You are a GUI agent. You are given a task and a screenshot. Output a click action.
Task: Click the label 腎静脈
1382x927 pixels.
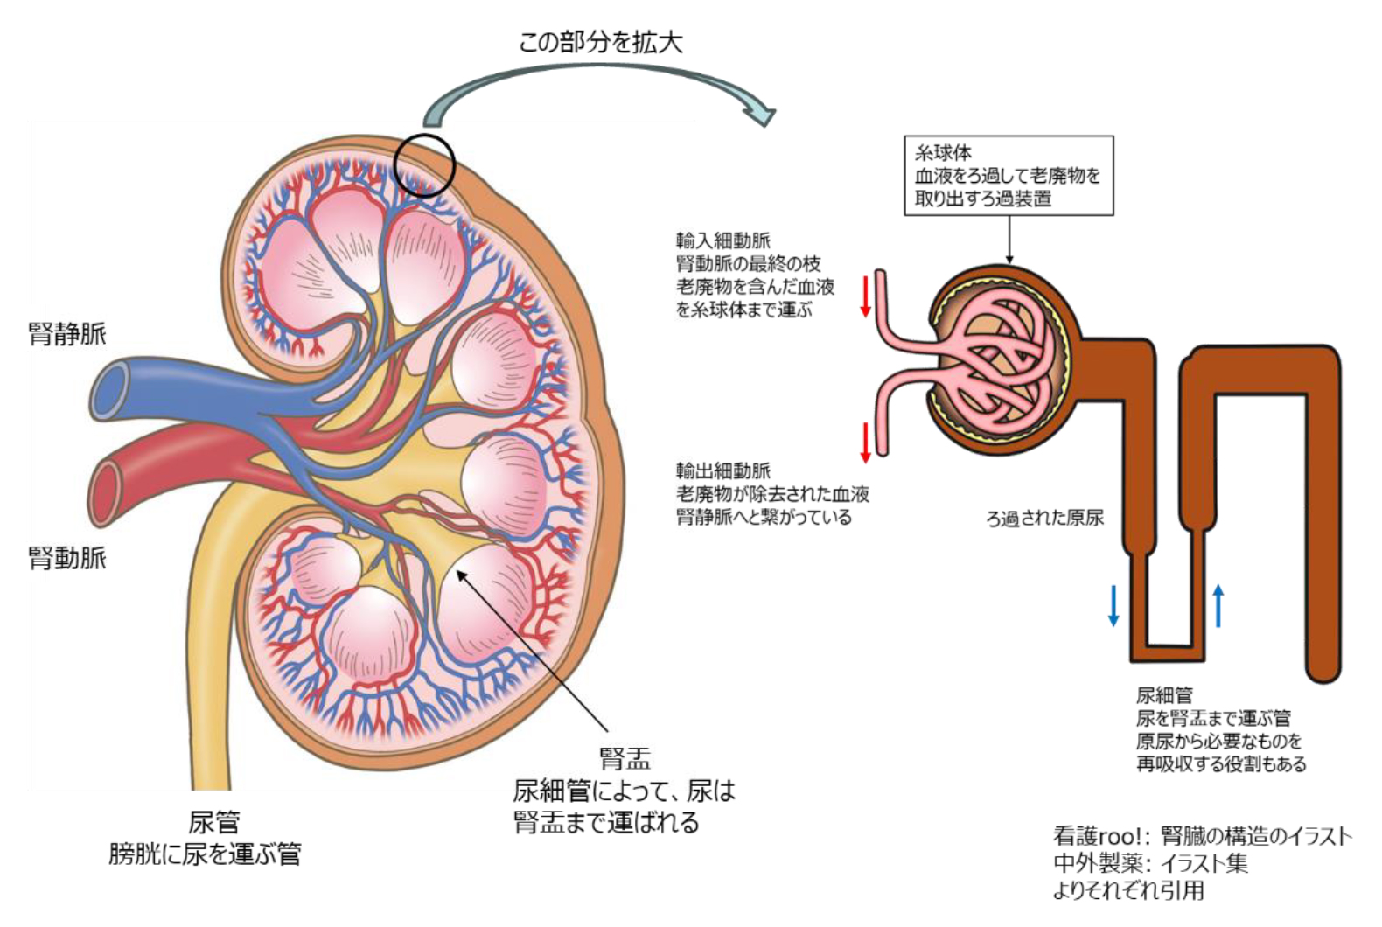pyautogui.click(x=67, y=333)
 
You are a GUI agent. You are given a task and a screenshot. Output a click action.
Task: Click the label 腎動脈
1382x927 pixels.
pyautogui.click(x=67, y=557)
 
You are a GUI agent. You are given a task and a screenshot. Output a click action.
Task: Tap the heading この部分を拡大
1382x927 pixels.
pyautogui.click(x=600, y=41)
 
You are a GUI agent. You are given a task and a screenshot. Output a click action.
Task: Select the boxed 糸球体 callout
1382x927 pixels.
pyautogui.click(x=1008, y=175)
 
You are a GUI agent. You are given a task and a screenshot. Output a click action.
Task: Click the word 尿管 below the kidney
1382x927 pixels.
pyautogui.click(x=213, y=822)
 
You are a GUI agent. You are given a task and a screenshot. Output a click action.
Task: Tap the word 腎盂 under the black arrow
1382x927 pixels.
pyautogui.click(x=625, y=757)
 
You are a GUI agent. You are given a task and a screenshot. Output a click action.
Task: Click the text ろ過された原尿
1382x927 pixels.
pyautogui.click(x=1044, y=518)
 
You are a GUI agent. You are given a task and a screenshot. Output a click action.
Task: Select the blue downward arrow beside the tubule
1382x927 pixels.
pyautogui.click(x=1113, y=605)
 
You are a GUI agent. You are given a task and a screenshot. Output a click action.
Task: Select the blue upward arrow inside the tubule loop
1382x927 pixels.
pyautogui.click(x=1218, y=605)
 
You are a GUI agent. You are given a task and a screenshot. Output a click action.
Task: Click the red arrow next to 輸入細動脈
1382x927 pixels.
pyautogui.click(x=865, y=296)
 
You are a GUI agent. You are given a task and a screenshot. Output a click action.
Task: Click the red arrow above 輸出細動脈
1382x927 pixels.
pyautogui.click(x=865, y=443)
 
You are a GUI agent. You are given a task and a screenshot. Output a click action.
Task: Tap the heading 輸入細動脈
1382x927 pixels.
pyautogui.click(x=722, y=240)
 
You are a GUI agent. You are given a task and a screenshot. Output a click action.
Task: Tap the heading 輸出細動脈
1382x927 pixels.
pyautogui.click(x=722, y=470)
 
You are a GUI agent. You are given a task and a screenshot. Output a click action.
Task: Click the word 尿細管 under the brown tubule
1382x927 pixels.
pyautogui.click(x=1163, y=695)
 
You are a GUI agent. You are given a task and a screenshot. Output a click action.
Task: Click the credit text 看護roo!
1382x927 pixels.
pyautogui.click(x=1101, y=836)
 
